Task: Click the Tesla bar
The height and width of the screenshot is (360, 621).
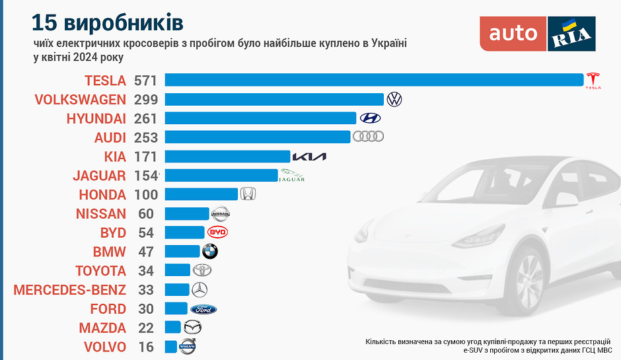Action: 374,80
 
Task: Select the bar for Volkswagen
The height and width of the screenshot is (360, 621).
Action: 274,99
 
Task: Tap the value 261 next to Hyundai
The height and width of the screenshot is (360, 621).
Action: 146,118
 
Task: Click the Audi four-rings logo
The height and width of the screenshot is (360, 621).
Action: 368,137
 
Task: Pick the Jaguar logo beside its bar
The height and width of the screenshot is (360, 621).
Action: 292,176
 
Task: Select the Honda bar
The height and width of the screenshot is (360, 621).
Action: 201,194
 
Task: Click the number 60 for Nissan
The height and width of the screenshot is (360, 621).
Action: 146,213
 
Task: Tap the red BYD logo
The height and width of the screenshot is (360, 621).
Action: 217,233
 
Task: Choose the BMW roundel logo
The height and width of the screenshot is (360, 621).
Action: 209,251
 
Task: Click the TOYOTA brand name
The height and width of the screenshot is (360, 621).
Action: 100,271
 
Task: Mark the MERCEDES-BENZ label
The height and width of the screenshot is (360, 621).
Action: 69,289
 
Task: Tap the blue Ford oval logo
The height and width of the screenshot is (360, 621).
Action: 203,308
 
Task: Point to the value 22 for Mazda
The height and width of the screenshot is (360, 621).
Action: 146,328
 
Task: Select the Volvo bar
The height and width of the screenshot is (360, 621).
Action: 170,347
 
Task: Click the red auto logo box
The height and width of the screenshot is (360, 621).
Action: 513,34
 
